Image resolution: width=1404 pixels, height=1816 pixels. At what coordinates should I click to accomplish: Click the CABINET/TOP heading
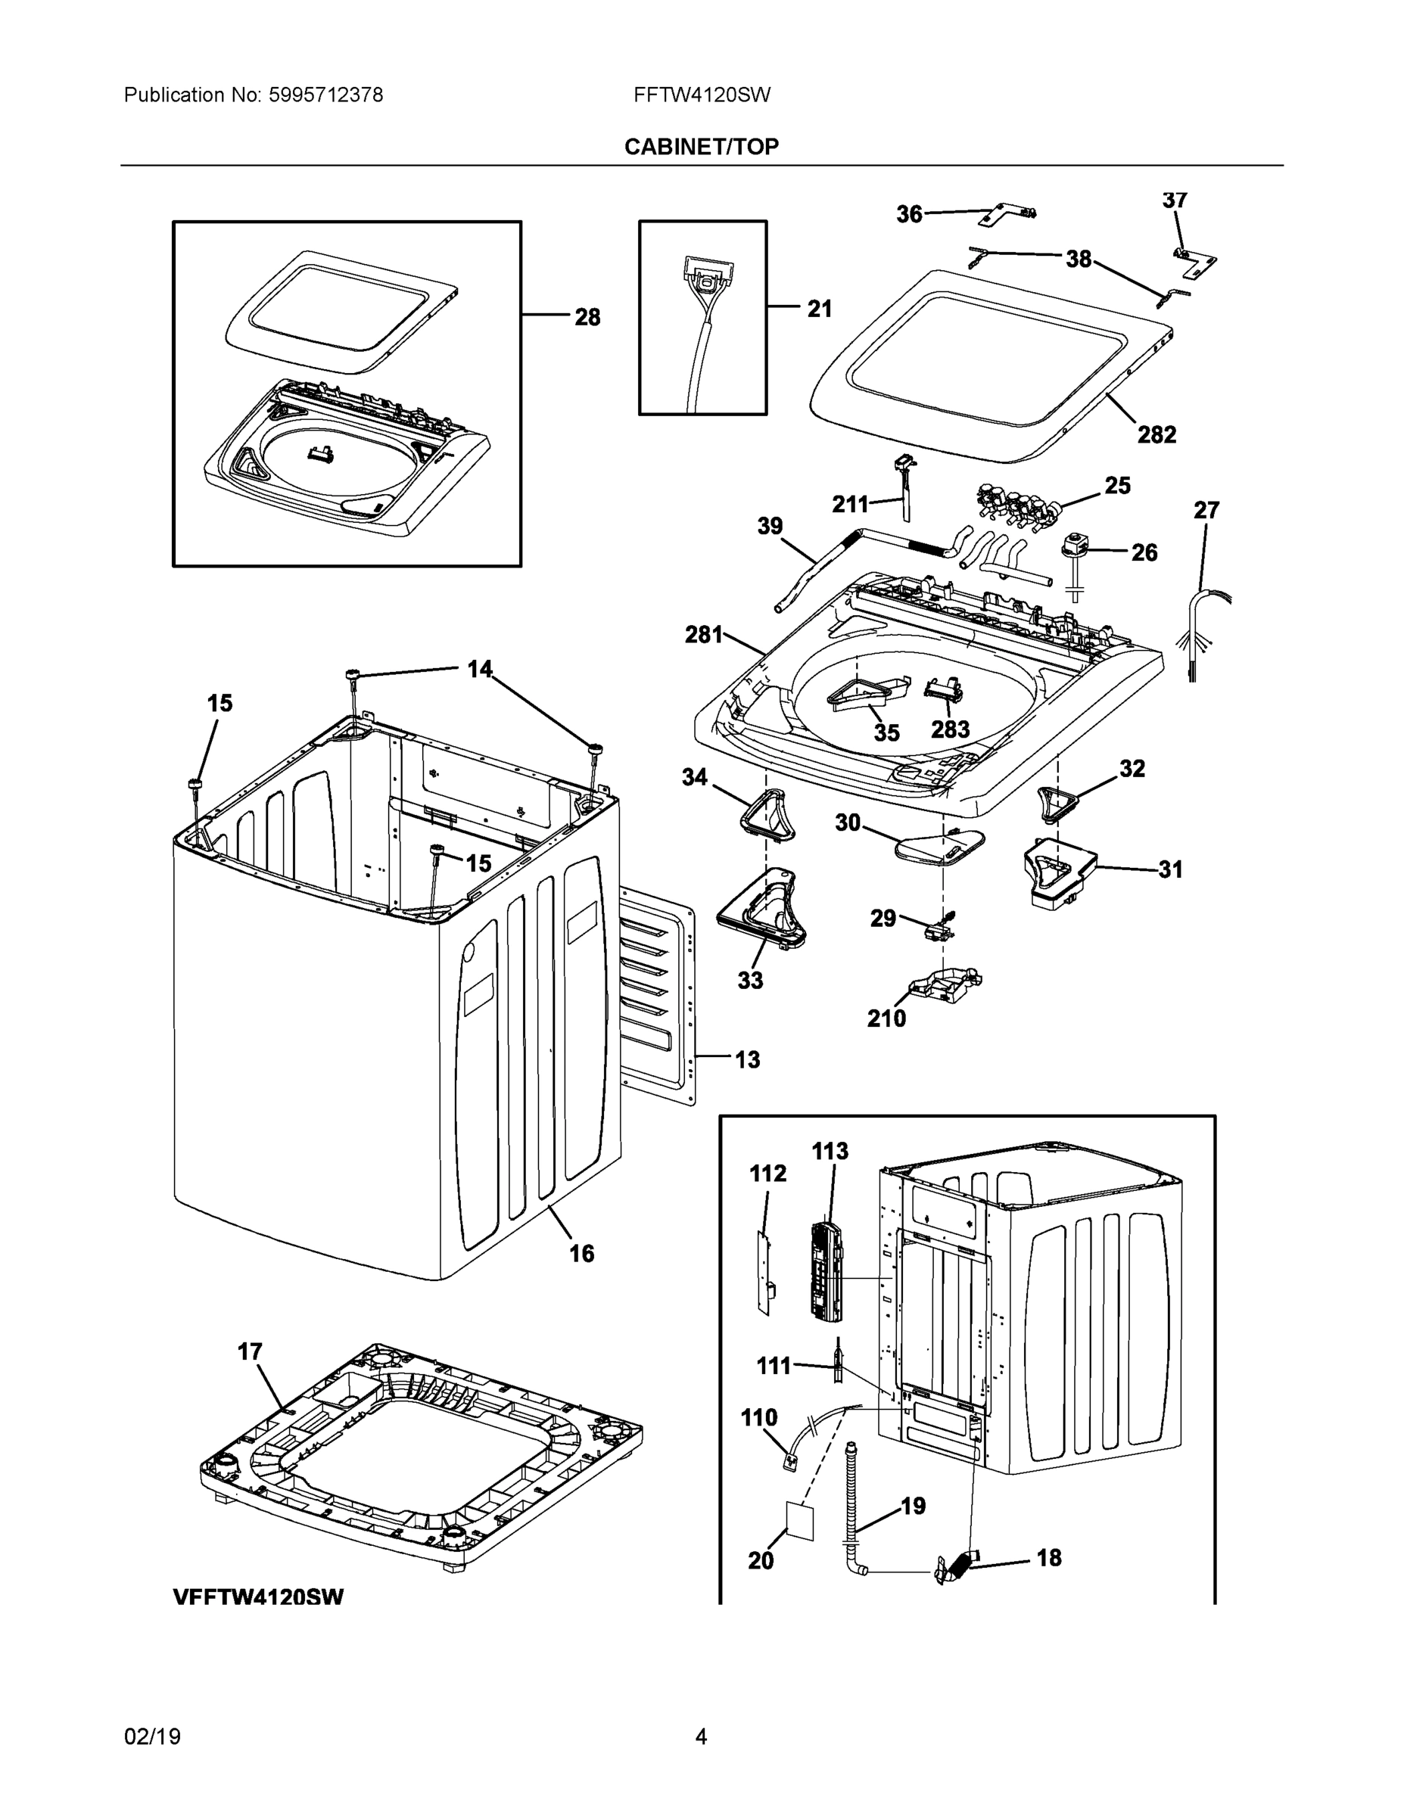tap(701, 148)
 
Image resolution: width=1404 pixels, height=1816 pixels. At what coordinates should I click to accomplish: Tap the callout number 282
tap(1157, 435)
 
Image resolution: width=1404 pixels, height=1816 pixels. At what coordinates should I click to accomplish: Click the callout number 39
tap(770, 527)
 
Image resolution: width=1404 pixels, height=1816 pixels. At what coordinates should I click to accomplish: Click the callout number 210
tap(886, 1018)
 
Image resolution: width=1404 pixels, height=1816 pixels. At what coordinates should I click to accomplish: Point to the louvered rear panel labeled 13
tap(657, 998)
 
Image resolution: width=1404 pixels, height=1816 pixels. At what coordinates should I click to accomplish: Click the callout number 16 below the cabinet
tap(581, 1253)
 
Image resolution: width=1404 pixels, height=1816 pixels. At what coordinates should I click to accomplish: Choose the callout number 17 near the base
tap(250, 1353)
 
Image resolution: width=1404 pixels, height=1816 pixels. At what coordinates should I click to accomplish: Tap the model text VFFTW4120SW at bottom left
tap(258, 1597)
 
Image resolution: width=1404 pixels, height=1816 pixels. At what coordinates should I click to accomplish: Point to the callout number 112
tap(767, 1174)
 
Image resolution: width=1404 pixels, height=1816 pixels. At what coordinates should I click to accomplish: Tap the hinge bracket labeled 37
tap(1193, 260)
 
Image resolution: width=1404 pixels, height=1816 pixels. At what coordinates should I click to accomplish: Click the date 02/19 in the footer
tap(152, 1737)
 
